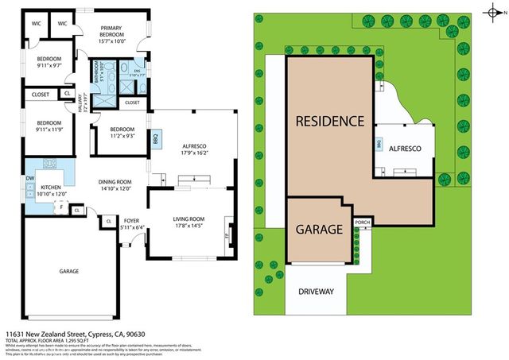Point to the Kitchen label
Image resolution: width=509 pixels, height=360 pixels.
[x=45, y=188]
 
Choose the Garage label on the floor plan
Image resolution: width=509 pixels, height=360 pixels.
[x=69, y=272]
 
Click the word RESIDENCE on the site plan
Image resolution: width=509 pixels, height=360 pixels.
[x=330, y=122]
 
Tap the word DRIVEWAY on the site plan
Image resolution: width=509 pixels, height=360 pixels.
[x=317, y=291]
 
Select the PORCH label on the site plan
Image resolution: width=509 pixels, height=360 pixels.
[x=363, y=222]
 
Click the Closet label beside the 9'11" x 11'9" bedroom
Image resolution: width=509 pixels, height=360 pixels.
[x=41, y=95]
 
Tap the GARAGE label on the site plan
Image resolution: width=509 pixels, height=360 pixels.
[x=318, y=229]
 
